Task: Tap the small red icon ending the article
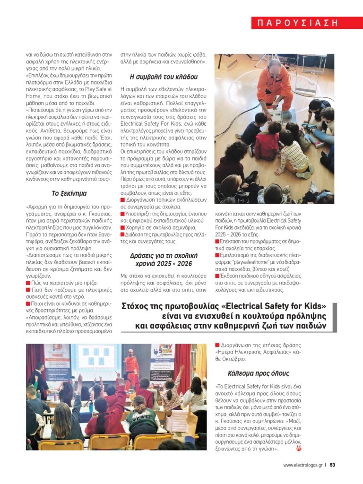(298, 448)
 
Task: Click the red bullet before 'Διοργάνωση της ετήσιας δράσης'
(217, 345)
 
